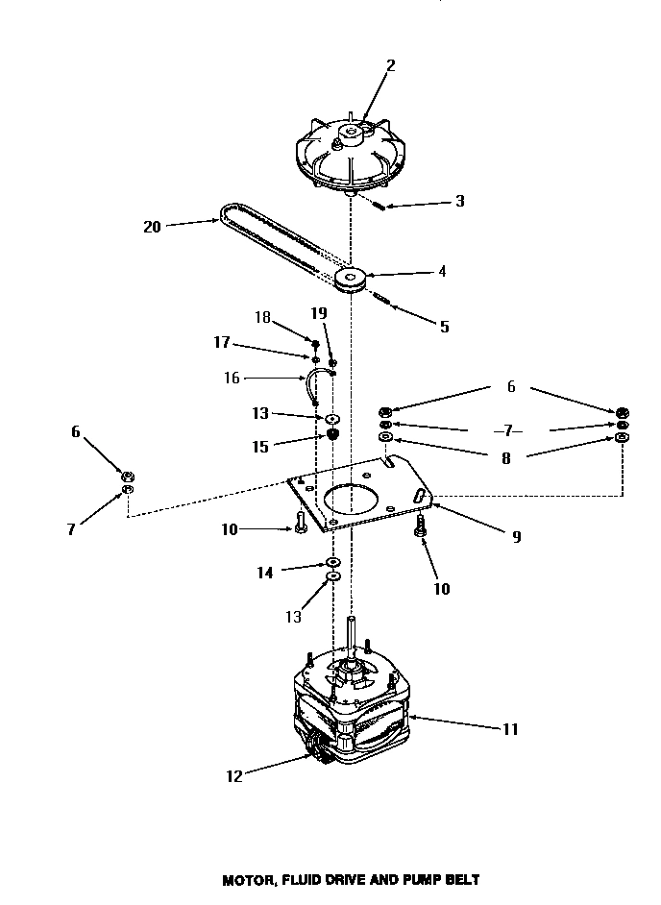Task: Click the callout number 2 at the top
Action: coord(390,65)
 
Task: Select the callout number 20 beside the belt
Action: coord(152,227)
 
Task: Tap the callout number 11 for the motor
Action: coord(509,729)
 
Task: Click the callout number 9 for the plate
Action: coord(516,537)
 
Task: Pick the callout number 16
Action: coord(232,379)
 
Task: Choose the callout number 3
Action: coord(460,202)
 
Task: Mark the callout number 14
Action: coord(264,573)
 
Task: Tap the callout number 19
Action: coord(319,313)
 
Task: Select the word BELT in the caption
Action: coord(459,878)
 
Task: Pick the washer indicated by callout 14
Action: coord(332,561)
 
